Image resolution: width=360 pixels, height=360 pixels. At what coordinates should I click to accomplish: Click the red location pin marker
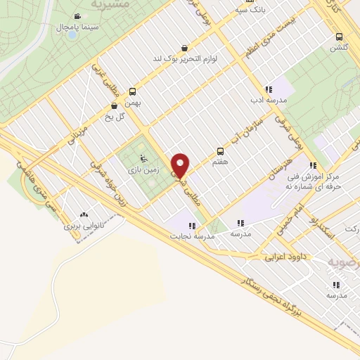pyautogui.click(x=181, y=165)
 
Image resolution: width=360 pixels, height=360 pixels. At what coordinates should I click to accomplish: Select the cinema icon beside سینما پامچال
pyautogui.click(x=79, y=15)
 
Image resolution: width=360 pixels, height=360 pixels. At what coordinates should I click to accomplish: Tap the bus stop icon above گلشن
pyautogui.click(x=340, y=37)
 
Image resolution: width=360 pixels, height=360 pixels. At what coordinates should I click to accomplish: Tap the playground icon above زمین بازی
pyautogui.click(x=145, y=158)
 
